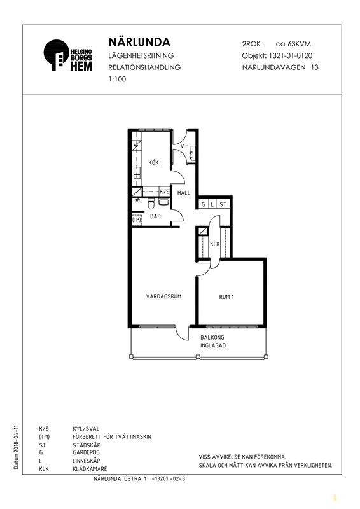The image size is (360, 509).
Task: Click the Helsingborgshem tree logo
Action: tap(56, 55)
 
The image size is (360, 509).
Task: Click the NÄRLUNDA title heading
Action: tap(139, 42)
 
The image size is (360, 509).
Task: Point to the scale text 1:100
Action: tap(117, 79)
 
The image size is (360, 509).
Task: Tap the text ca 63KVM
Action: tap(293, 44)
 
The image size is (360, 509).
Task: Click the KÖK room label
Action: tap(153, 162)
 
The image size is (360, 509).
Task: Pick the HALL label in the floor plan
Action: tap(184, 193)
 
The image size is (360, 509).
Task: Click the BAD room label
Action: tap(155, 216)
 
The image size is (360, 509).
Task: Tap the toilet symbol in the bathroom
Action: tap(151, 204)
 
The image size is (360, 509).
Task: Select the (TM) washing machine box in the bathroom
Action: tap(137, 220)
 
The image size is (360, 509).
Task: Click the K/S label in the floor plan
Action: tap(165, 192)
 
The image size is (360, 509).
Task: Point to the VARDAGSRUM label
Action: tap(163, 296)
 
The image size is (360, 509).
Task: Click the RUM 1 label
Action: tap(226, 297)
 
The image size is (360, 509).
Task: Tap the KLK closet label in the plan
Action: tap(215, 244)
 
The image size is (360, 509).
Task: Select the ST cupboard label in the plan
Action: tap(223, 204)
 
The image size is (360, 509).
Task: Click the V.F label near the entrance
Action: tap(184, 146)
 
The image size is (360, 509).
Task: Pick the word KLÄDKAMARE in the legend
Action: tap(90, 469)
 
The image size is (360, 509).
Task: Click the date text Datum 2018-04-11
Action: tap(17, 447)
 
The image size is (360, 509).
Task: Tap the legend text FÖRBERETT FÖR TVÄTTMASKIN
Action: tap(112, 437)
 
